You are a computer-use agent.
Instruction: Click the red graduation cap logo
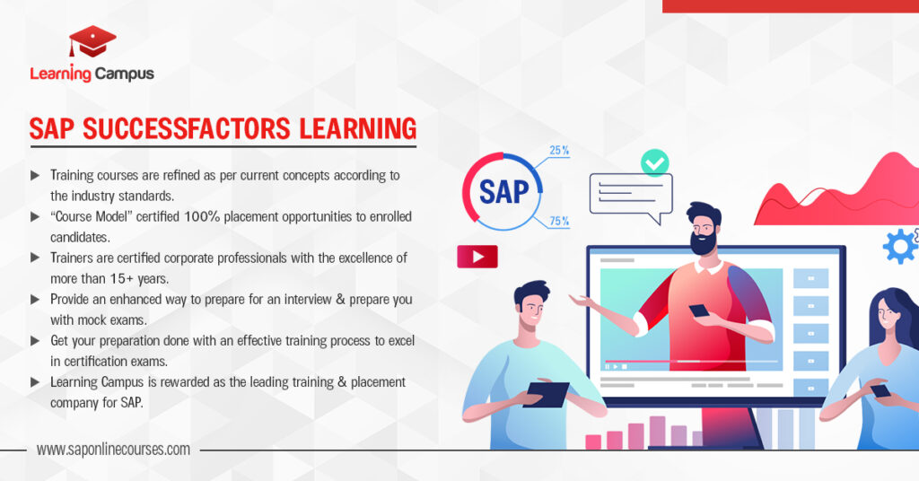92,41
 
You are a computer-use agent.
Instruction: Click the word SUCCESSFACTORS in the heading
187,129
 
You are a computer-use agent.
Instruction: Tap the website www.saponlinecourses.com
113,450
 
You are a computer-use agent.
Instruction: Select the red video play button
477,257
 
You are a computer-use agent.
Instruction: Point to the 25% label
559,151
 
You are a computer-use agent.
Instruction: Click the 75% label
559,222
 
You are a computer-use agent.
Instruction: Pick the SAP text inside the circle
503,191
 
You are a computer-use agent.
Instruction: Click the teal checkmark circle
654,162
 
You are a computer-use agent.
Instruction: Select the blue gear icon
901,246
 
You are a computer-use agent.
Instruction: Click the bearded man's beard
703,242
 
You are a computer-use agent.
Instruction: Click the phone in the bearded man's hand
698,310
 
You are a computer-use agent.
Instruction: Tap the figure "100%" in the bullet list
202,216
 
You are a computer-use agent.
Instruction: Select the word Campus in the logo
124,74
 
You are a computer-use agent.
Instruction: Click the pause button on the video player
607,367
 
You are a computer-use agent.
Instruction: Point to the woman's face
888,317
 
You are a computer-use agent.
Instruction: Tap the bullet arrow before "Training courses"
35,175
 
